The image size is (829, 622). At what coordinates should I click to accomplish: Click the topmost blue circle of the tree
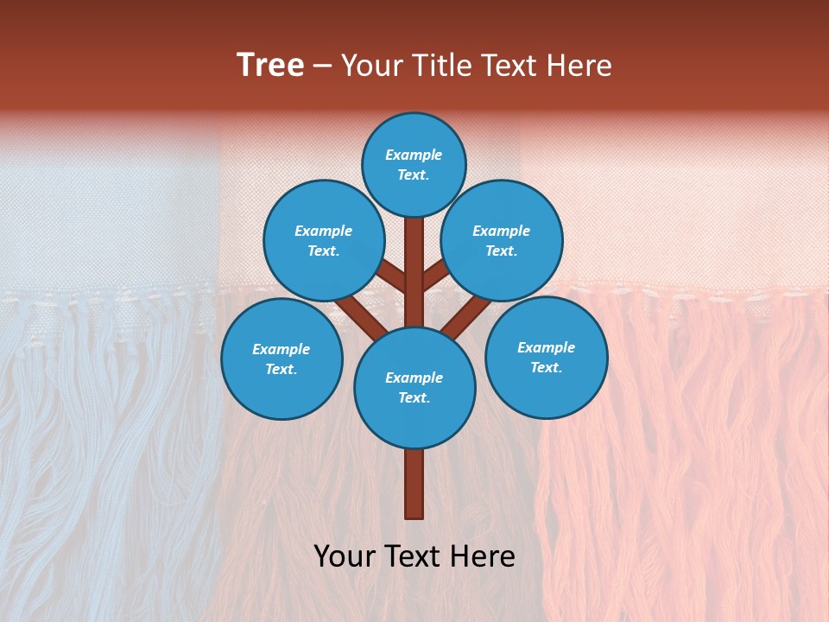point(414,164)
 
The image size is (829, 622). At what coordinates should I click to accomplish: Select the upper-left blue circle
point(324,241)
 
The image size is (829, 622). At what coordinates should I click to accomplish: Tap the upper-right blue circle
point(502,241)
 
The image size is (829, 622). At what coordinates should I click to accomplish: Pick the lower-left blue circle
point(282,359)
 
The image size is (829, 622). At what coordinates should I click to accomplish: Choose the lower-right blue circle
point(547,357)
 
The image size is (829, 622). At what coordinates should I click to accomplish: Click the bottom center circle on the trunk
point(414,388)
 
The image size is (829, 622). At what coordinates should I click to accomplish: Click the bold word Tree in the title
point(270,66)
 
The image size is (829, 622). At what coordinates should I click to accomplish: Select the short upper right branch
point(435,276)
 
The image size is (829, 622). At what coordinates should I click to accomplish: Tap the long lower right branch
point(466,317)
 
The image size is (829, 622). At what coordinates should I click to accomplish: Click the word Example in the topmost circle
point(414,155)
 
